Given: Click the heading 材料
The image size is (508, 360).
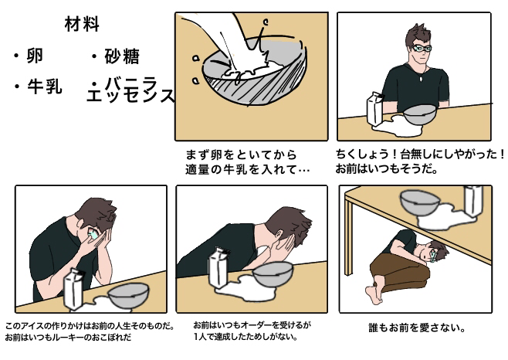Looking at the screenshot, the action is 82,24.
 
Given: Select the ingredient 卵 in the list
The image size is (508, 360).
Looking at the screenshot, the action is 35,56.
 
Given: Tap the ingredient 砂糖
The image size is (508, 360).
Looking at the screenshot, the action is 122,56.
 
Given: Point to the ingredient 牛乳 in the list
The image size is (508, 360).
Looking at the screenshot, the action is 44,87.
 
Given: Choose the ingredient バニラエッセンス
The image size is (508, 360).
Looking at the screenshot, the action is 130,90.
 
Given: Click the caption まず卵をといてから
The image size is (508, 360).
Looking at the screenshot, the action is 242,155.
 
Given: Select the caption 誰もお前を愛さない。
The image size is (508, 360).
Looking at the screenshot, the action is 417,328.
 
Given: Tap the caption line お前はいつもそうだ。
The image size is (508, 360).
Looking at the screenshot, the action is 387,169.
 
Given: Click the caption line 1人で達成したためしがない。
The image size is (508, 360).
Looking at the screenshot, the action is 246,337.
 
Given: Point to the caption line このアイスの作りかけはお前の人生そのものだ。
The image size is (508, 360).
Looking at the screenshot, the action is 90,325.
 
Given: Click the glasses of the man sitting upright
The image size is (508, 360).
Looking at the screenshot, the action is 422,49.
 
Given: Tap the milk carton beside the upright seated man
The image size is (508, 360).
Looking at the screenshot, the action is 375,109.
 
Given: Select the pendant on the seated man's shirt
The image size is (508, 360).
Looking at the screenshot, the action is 422,79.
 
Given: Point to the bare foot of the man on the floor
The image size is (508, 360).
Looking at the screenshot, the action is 374,294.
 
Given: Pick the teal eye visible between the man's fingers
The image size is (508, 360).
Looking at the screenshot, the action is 93,234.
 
